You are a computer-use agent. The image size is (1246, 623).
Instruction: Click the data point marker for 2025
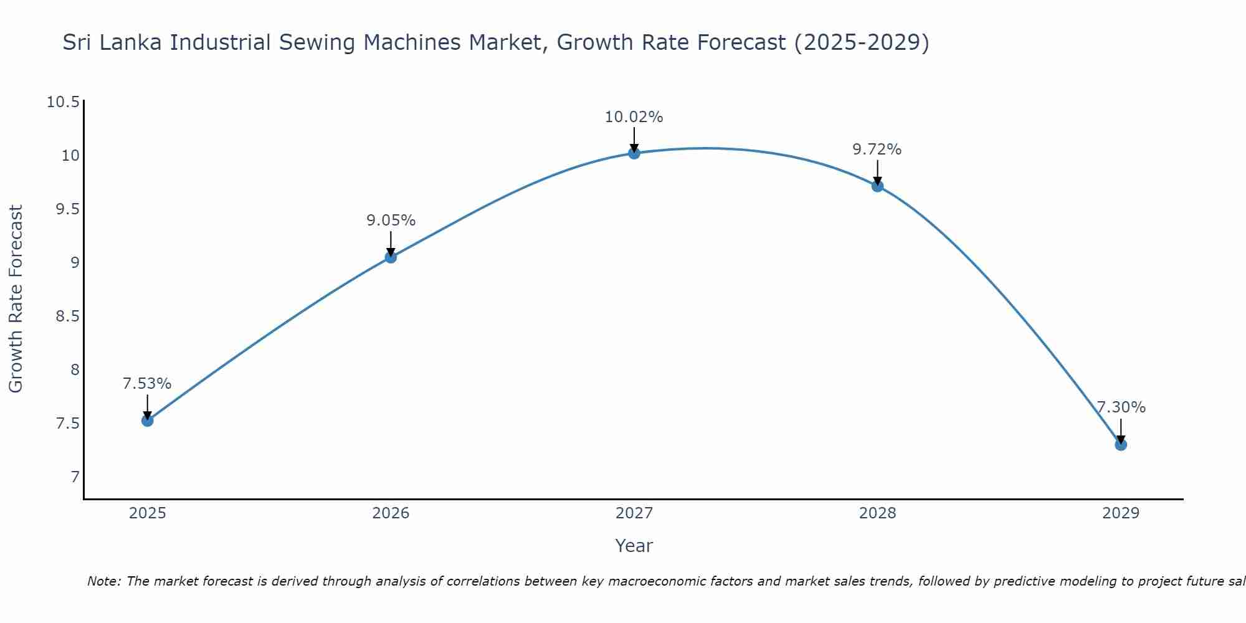tap(147, 421)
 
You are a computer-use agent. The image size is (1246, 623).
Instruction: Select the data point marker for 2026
tap(391, 257)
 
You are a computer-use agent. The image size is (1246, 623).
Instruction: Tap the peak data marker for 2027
tap(634, 153)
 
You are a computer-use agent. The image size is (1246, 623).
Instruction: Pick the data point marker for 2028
tap(877, 186)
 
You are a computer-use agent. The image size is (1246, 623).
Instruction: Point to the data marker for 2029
tap(1121, 444)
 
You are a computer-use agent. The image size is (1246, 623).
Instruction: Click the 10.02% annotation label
tap(634, 117)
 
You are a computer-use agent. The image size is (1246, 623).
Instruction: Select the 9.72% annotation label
tap(877, 150)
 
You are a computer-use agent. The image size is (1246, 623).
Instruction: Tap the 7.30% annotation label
tap(1121, 407)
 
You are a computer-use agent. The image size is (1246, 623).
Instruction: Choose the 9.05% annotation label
tap(391, 221)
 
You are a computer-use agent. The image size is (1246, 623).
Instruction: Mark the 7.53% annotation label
tap(147, 384)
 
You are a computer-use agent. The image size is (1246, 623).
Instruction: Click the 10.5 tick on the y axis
tap(64, 102)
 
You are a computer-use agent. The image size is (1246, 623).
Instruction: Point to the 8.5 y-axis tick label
tap(67, 316)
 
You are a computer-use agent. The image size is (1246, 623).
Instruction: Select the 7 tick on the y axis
tap(75, 477)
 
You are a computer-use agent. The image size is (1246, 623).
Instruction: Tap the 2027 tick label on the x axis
tap(634, 513)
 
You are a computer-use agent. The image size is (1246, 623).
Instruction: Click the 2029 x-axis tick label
tap(1121, 513)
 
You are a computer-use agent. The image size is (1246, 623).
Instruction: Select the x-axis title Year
tap(634, 546)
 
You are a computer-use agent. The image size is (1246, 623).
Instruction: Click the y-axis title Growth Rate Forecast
tap(16, 299)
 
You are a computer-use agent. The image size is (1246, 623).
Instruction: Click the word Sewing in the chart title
tap(317, 43)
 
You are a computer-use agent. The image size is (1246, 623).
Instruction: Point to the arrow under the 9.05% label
tap(391, 243)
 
